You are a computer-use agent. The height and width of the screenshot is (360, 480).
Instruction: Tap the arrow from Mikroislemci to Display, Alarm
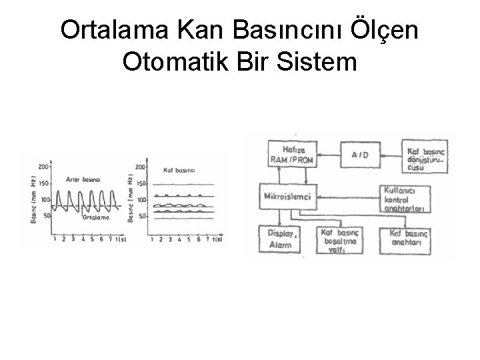(x=277, y=217)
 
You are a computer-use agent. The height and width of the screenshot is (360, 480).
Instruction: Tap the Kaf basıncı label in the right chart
(x=179, y=171)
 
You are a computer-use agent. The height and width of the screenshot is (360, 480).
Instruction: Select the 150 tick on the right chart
(x=141, y=183)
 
